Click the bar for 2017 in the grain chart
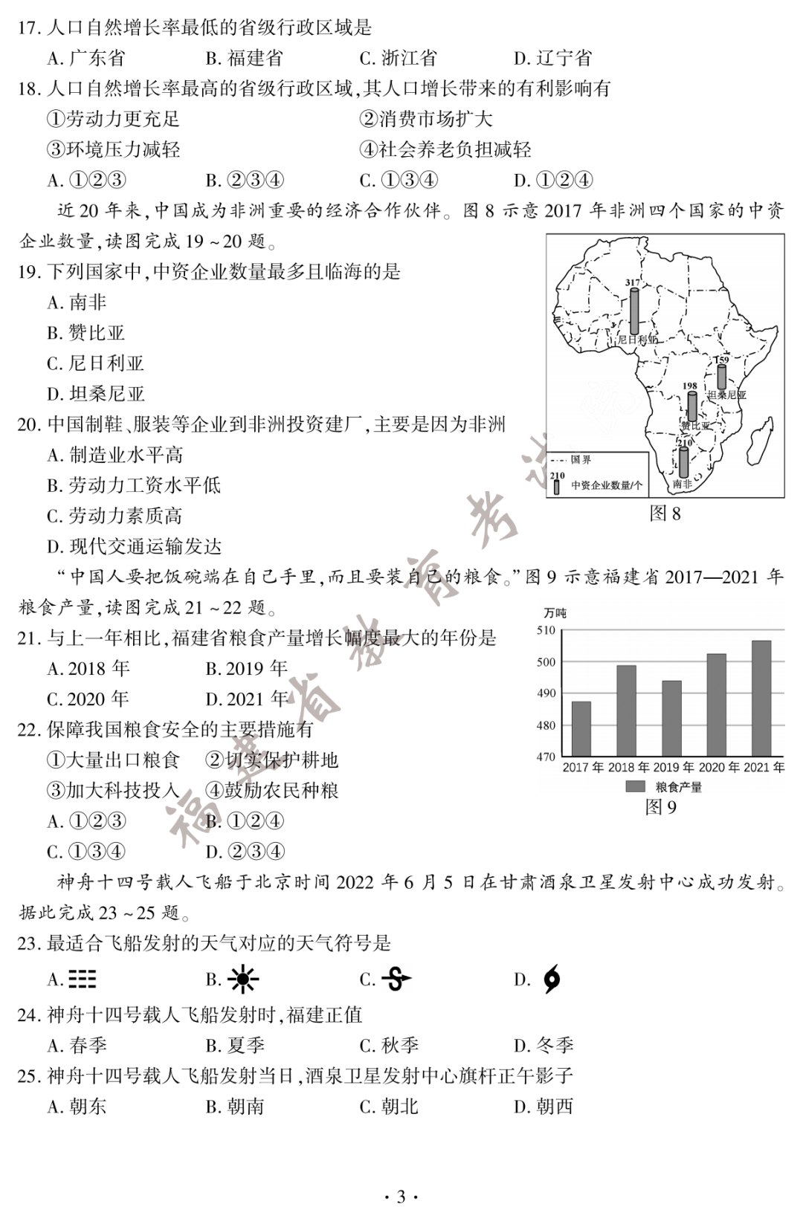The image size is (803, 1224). click(x=581, y=728)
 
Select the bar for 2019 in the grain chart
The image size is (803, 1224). click(x=671, y=718)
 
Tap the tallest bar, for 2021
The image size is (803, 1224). click(x=761, y=698)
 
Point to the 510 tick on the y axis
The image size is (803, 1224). click(x=546, y=630)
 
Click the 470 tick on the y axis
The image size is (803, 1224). click(x=546, y=757)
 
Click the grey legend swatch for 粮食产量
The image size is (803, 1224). click(x=635, y=786)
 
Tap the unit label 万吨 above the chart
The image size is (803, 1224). click(x=554, y=613)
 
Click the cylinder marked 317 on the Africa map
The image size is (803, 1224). click(x=634, y=311)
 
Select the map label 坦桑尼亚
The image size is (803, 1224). click(x=726, y=395)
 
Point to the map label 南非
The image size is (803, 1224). click(x=682, y=484)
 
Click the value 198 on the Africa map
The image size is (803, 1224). click(x=690, y=386)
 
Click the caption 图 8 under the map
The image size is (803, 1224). click(x=665, y=514)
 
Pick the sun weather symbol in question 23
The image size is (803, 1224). click(x=242, y=979)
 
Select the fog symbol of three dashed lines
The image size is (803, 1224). click(x=82, y=979)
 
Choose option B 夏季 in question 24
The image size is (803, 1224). click(x=235, y=1046)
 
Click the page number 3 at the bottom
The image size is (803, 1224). click(x=401, y=1197)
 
